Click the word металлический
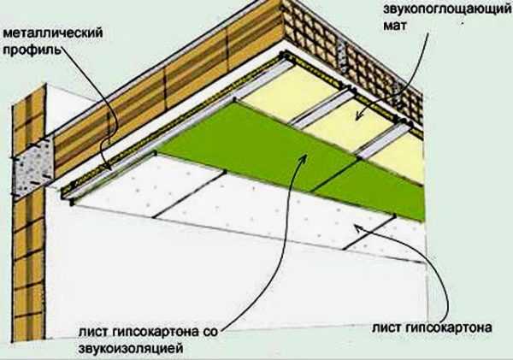53,33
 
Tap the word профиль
32,50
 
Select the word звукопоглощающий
447,9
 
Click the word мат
394,26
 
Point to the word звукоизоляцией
131,348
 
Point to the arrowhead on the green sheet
304,157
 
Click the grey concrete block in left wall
32,167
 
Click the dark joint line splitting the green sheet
333,176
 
